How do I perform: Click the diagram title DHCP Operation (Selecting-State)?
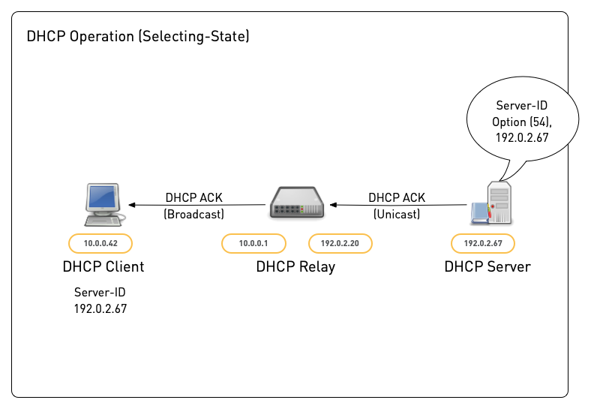[138, 37]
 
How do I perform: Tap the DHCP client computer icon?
[103, 203]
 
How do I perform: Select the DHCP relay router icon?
[297, 203]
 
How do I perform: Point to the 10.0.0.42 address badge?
[100, 243]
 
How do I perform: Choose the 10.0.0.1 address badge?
[253, 243]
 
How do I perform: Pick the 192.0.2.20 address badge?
[340, 243]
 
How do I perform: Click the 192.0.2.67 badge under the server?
[482, 243]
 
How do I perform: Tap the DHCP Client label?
[103, 266]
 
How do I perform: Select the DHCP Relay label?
[295, 266]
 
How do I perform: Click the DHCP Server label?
[487, 266]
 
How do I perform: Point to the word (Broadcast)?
[193, 214]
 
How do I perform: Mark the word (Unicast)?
[396, 214]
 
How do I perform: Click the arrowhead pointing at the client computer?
[133, 204]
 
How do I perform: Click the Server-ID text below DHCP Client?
[100, 293]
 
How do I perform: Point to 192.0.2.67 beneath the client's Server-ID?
[100, 308]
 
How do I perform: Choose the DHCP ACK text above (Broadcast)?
[193, 198]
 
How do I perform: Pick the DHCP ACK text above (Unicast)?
[396, 198]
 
